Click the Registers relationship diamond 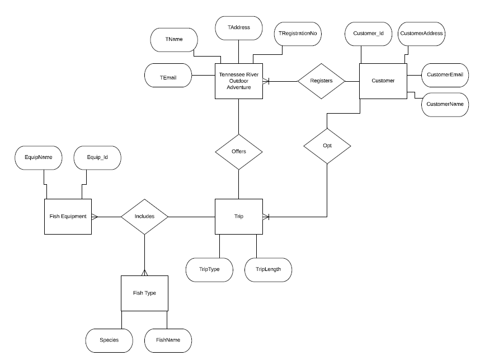pyautogui.click(x=321, y=81)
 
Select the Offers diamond pyautogui.click(x=239, y=152)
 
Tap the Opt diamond pyautogui.click(x=327, y=146)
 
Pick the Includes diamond pyautogui.click(x=144, y=216)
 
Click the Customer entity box pyautogui.click(x=383, y=81)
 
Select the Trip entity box pyautogui.click(x=239, y=216)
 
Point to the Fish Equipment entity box pyautogui.click(x=67, y=216)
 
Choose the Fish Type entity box pyautogui.click(x=144, y=293)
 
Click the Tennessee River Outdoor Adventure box pyautogui.click(x=239, y=81)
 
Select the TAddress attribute pyautogui.click(x=239, y=27)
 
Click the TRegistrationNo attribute pyautogui.click(x=298, y=34)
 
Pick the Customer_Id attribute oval pyautogui.click(x=368, y=34)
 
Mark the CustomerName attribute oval pyautogui.click(x=445, y=105)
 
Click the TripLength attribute pyautogui.click(x=268, y=269)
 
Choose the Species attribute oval pyautogui.click(x=109, y=340)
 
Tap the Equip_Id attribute pyautogui.click(x=97, y=157)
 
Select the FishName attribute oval pyautogui.click(x=167, y=340)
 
